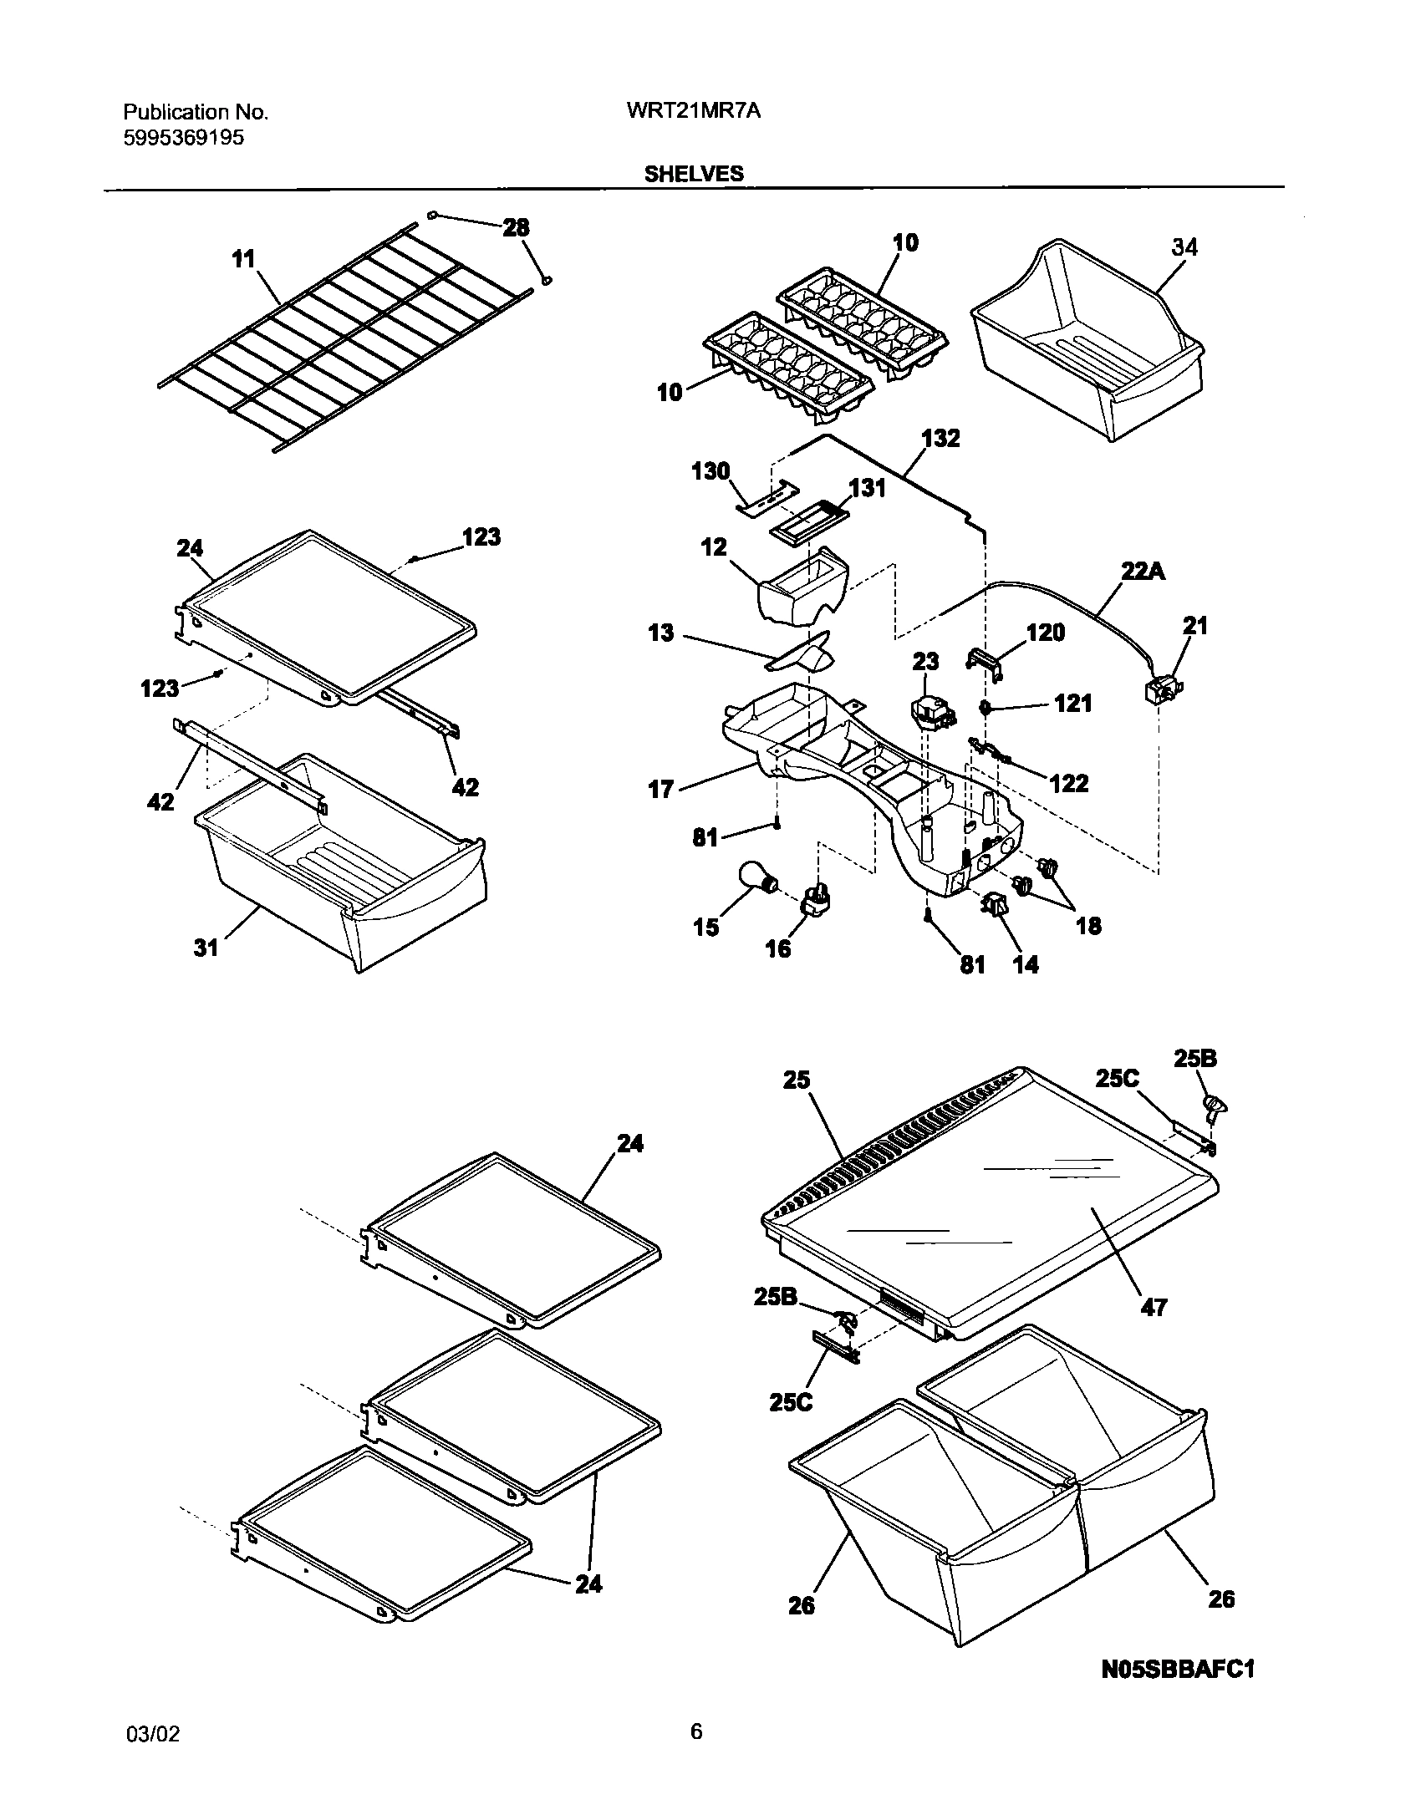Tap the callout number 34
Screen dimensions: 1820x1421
(1184, 247)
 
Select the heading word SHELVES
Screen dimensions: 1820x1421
(693, 173)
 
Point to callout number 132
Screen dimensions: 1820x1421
(940, 439)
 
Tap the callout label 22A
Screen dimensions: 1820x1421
(1143, 572)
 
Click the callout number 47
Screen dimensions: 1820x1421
(1154, 1307)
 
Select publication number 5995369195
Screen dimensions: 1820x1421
(184, 138)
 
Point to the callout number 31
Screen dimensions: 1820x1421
(206, 947)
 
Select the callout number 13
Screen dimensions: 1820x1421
(660, 633)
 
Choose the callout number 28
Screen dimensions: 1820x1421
(516, 227)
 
